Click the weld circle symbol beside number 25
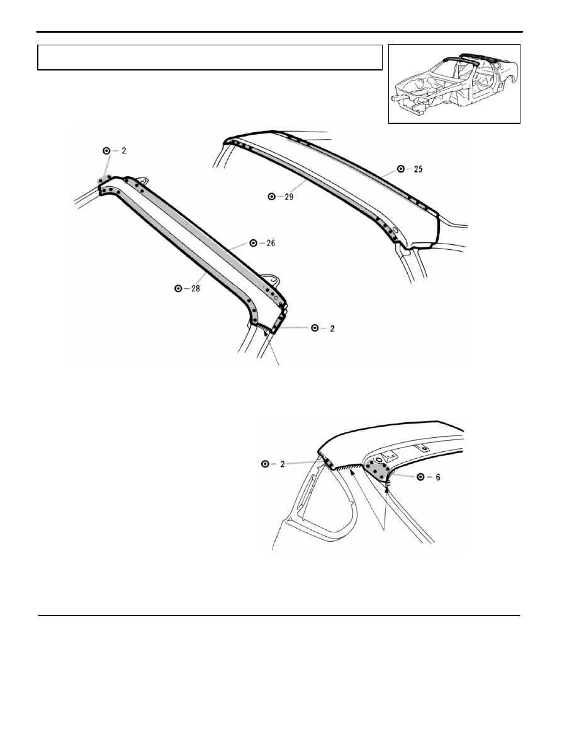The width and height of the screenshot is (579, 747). [402, 169]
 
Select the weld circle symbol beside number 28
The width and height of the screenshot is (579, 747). [179, 288]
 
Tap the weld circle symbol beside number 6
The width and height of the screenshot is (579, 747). [421, 477]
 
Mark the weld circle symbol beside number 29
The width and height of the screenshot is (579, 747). [272, 196]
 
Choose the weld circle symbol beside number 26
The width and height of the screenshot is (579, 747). [254, 243]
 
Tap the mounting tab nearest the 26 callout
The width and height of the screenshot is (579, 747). [270, 278]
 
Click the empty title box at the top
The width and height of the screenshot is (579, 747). [210, 58]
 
